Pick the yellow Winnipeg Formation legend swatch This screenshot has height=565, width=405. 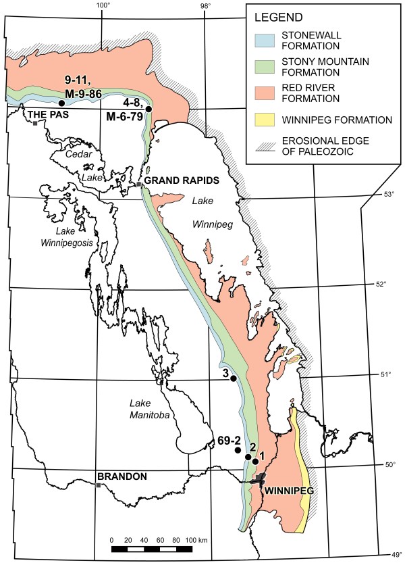pyautogui.click(x=265, y=120)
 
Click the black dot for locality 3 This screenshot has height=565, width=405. pyautogui.click(x=234, y=378)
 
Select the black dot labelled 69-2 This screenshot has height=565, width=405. pyautogui.click(x=238, y=450)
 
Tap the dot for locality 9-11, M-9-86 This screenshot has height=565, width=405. pyautogui.click(x=61, y=103)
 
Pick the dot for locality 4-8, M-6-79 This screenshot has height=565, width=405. pyautogui.click(x=148, y=109)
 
